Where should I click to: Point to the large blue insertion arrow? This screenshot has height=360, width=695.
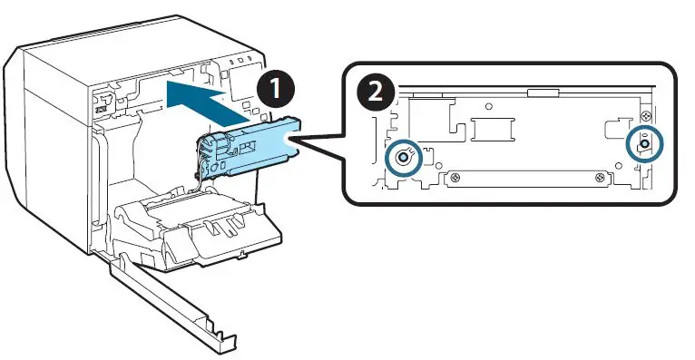(x=207, y=101)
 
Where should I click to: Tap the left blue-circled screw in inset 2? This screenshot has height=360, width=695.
(x=403, y=158)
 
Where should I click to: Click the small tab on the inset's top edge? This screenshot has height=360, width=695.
(x=543, y=92)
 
